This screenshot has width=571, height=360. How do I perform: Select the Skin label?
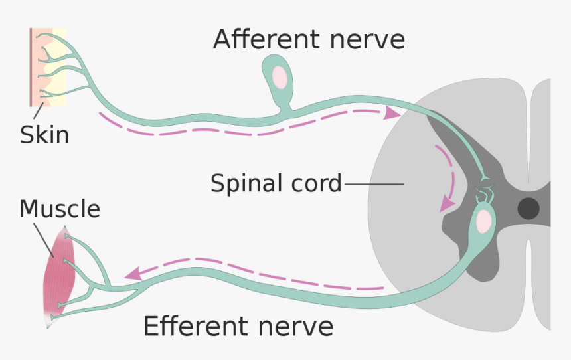[44, 135]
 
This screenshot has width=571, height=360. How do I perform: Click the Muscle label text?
[60, 209]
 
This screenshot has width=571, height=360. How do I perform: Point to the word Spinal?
[242, 183]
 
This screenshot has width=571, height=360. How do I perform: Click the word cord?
[311, 183]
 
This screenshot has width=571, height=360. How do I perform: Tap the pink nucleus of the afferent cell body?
[280, 77]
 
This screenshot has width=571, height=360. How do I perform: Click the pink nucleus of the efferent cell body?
[484, 221]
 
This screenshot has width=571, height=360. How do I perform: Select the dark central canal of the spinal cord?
[529, 209]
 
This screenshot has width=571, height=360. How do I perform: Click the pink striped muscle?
[60, 272]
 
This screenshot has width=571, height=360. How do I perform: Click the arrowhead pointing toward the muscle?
[133, 272]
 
